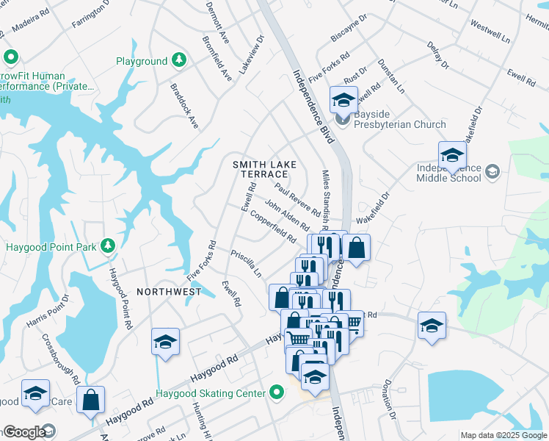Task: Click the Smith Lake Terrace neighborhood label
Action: pyautogui.click(x=260, y=169)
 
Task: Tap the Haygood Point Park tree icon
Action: pyautogui.click(x=108, y=245)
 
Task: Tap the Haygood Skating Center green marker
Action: pyautogui.click(x=277, y=392)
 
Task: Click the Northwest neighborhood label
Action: pyautogui.click(x=167, y=292)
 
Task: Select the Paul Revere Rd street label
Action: pyautogui.click(x=298, y=199)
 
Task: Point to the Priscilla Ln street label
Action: pyautogui.click(x=246, y=262)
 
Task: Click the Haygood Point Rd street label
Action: pyautogui.click(x=120, y=298)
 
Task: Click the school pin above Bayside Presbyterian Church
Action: pyautogui.click(x=343, y=98)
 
